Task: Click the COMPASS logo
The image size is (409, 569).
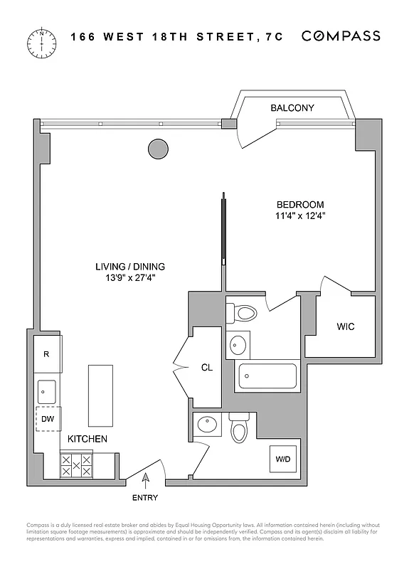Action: pos(341,36)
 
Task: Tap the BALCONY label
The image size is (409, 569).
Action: pos(292,108)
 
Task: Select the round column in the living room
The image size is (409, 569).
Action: pos(158,149)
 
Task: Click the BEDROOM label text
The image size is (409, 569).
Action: pos(299,204)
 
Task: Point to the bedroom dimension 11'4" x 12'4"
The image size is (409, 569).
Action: pos(299,216)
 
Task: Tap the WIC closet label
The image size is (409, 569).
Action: pos(345,327)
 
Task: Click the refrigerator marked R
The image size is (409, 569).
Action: pos(47,353)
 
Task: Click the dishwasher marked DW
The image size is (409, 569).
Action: pos(48,419)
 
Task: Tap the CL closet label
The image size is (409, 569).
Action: pos(206,368)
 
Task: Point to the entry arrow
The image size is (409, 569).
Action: pos(147,481)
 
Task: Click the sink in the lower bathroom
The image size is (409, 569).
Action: pos(207,425)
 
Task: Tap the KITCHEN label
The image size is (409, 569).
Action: pos(87,439)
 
